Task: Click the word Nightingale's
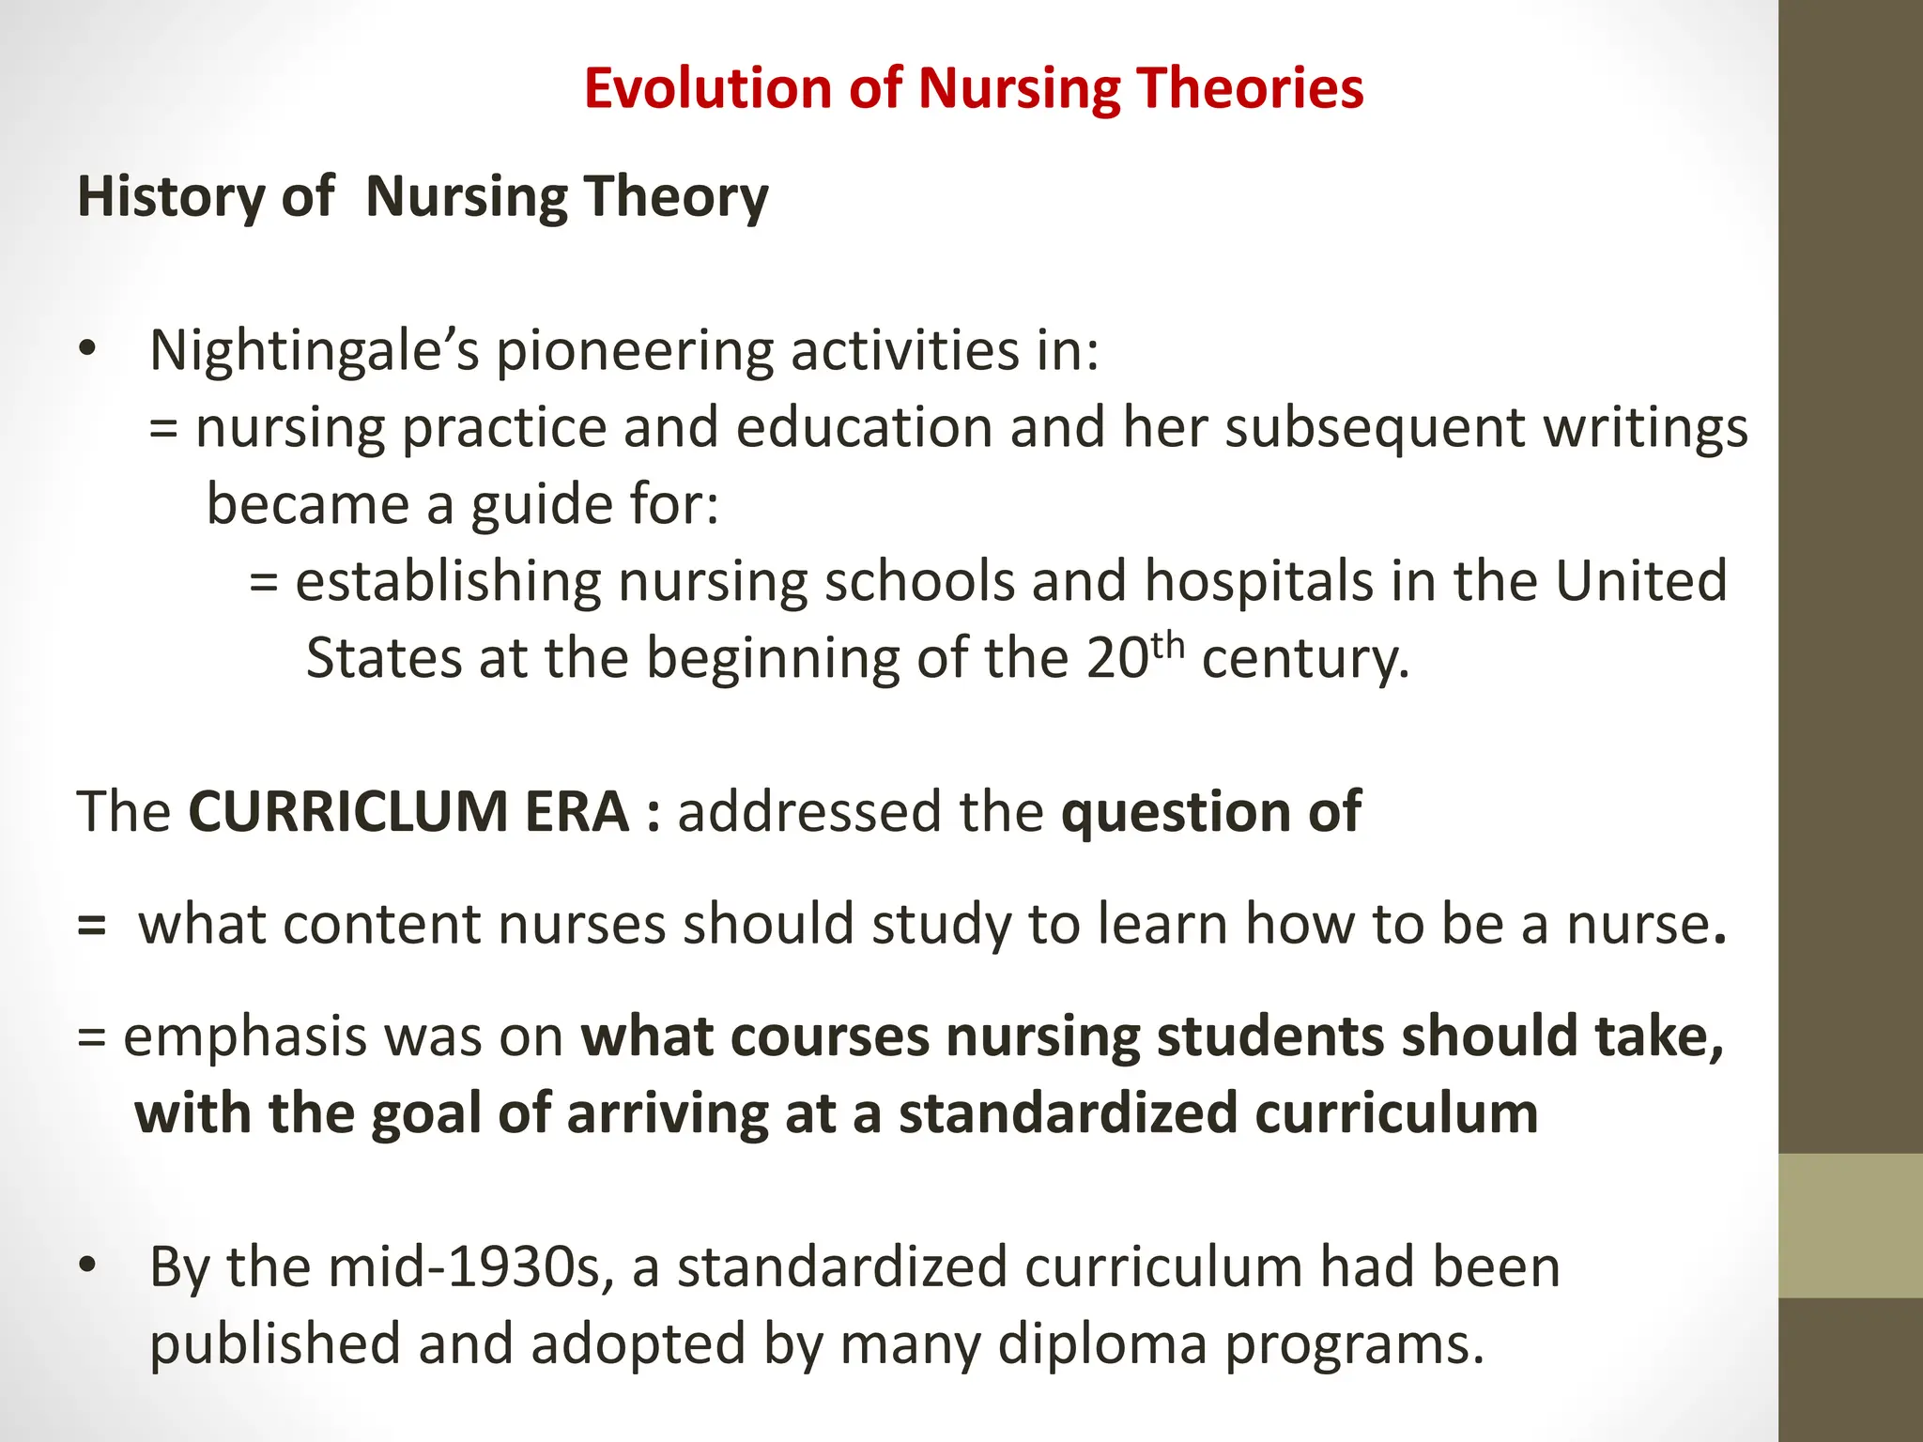[x=314, y=351]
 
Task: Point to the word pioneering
[x=634, y=351]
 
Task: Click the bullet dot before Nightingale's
[x=87, y=349]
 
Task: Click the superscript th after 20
[x=1167, y=643]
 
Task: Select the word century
[x=1305, y=658]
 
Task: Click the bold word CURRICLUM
[x=408, y=812]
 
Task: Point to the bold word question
[x=1175, y=812]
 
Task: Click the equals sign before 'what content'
[x=92, y=925]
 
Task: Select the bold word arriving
[x=666, y=1114]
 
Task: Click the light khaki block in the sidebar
[x=1850, y=1225]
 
